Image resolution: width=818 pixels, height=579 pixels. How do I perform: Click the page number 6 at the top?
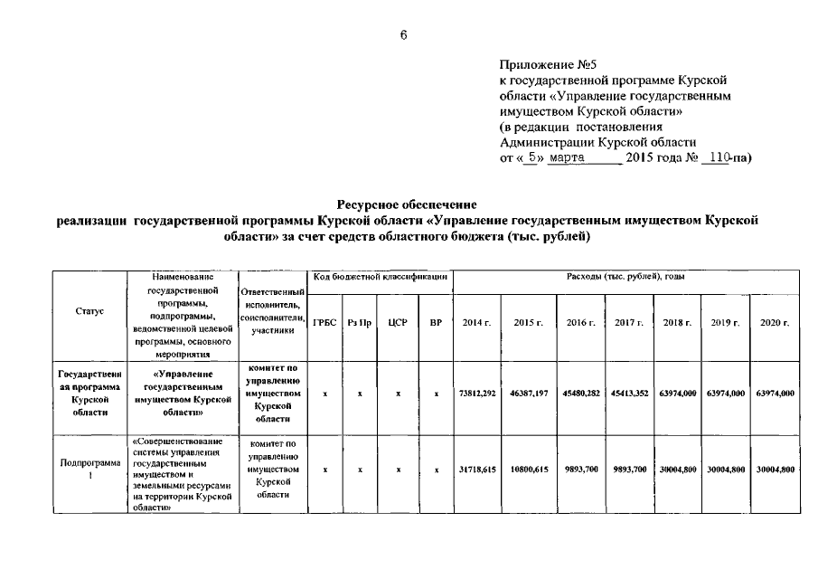click(404, 34)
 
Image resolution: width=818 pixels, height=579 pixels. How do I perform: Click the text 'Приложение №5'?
click(549, 66)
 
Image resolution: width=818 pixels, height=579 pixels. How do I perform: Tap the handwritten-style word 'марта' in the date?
click(569, 157)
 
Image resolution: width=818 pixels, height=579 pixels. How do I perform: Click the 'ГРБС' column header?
click(324, 323)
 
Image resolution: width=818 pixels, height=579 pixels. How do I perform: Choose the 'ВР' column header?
click(435, 323)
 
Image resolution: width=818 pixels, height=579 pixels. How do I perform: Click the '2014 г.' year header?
click(476, 323)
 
